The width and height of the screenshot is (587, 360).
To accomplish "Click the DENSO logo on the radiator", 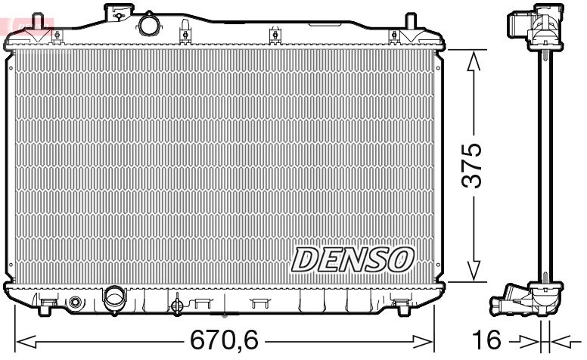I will coord(353,259).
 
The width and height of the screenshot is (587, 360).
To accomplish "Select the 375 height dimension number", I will coord(473,164).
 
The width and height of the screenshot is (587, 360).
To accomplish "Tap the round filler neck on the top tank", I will coord(148,23).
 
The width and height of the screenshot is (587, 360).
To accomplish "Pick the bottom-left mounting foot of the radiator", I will coord(46,306).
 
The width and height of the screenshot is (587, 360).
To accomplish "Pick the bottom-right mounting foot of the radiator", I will coord(401,306).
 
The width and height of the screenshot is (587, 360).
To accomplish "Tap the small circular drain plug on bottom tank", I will coord(74,303).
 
